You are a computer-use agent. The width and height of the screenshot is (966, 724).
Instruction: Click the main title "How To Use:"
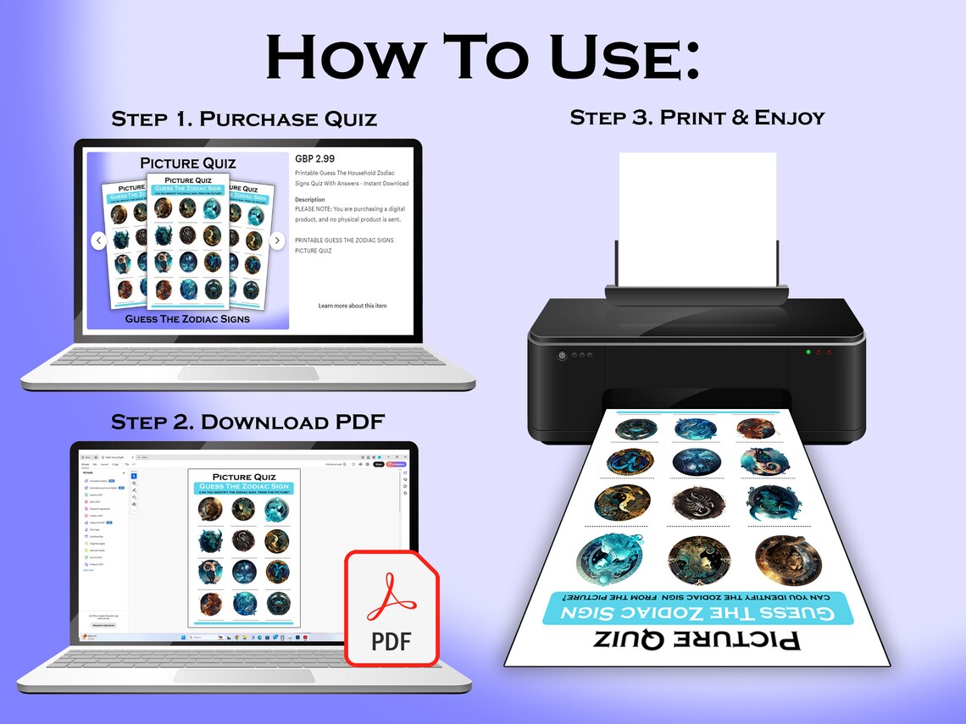point(483,57)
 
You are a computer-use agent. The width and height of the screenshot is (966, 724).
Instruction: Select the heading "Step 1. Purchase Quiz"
point(244,119)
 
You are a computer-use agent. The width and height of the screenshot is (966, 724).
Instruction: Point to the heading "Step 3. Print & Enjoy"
point(697,117)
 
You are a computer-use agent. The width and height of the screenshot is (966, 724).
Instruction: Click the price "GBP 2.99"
point(314,158)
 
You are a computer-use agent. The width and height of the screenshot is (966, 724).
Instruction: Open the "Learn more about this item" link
point(353,306)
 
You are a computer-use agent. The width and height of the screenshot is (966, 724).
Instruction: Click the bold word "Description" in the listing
point(310,200)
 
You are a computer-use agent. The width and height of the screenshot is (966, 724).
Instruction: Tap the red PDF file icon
point(391,607)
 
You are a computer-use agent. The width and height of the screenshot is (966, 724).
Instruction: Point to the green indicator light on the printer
point(808,351)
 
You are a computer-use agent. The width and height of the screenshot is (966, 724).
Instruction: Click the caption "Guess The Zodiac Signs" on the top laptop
point(187,318)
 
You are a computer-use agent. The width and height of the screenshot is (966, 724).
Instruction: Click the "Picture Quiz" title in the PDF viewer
point(244,477)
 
